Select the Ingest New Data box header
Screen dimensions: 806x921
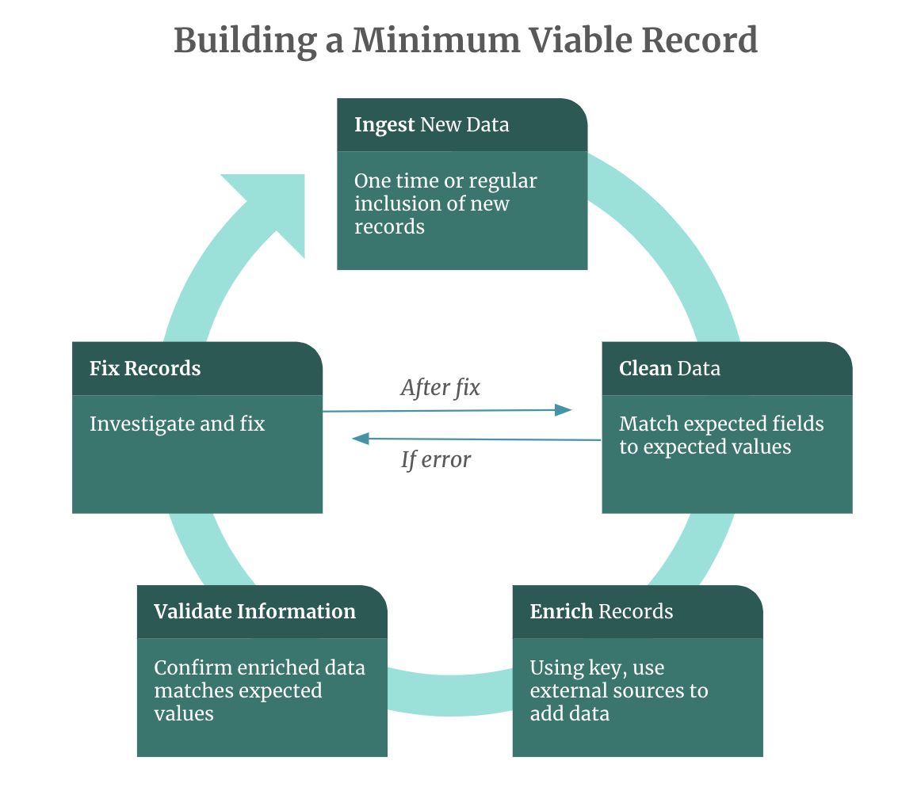(x=462, y=125)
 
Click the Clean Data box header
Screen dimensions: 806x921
(x=727, y=369)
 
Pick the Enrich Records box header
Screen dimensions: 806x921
(x=637, y=612)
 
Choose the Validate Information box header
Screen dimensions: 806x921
(x=262, y=612)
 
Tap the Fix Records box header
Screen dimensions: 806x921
(x=197, y=369)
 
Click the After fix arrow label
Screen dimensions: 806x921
(x=440, y=387)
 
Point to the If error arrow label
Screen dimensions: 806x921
(x=436, y=460)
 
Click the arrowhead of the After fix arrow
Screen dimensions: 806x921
(x=564, y=409)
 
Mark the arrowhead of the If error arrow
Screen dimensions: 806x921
(x=361, y=438)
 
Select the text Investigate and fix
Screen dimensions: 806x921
(x=177, y=424)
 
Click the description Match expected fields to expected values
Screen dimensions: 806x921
(x=721, y=435)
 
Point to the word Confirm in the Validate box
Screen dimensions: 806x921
(x=188, y=667)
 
